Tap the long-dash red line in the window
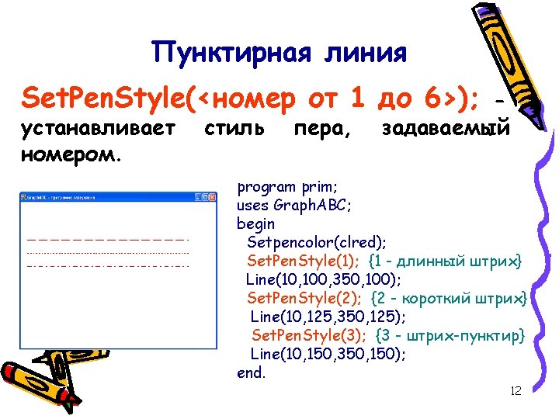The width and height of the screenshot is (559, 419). point(107,239)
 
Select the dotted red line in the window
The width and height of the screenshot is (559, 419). point(107,253)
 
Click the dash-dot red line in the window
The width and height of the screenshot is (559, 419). point(107,266)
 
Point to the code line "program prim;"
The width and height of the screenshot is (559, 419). point(287,186)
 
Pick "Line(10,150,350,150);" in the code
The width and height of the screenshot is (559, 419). point(328,354)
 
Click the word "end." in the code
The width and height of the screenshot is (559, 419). point(251,372)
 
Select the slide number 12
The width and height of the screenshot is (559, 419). point(516,390)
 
